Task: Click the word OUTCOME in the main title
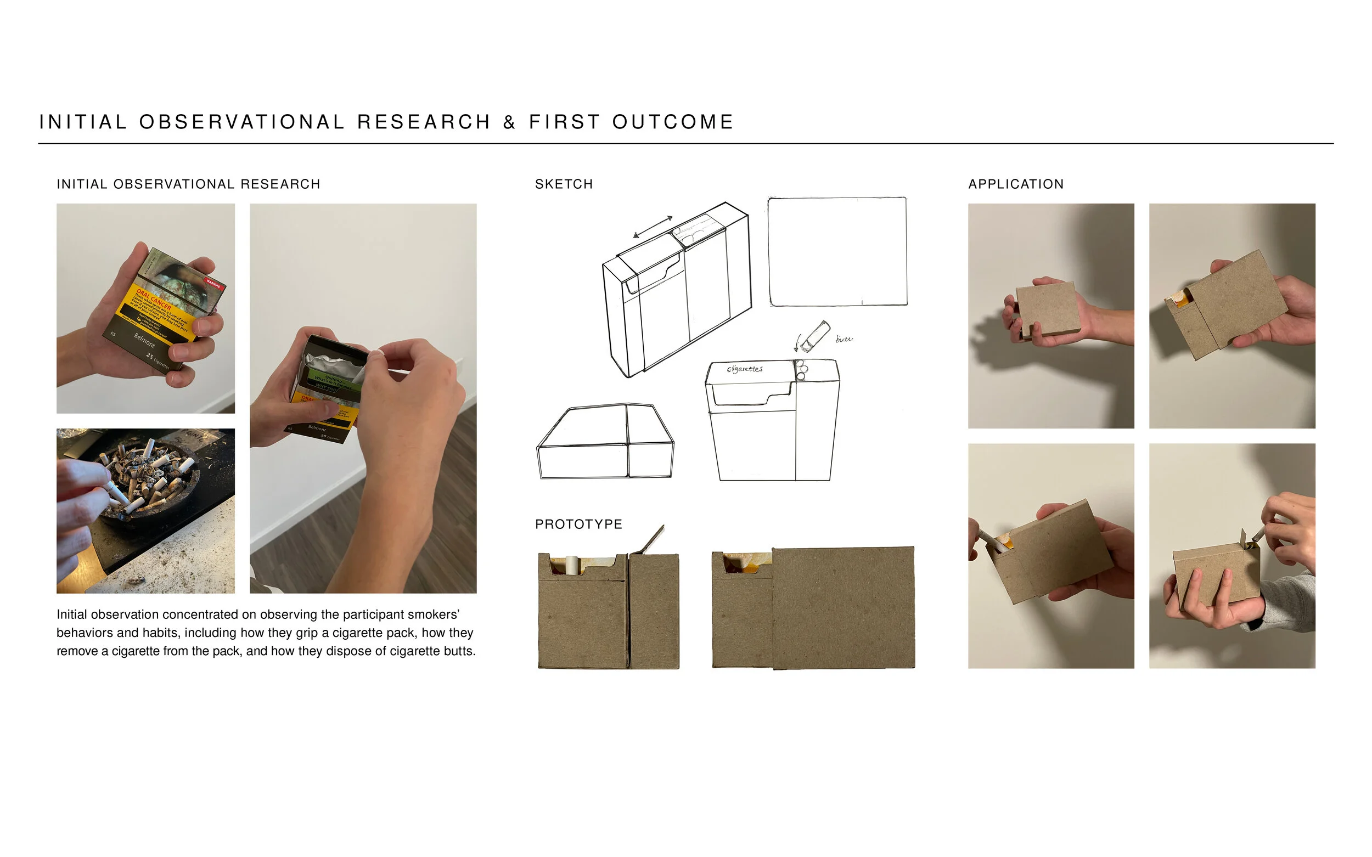coord(672,122)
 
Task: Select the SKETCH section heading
coord(564,184)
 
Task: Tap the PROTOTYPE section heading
coord(578,525)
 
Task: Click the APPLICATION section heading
coord(1015,184)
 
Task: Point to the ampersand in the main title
coord(509,122)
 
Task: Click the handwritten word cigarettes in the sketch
coord(745,369)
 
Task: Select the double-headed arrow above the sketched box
coord(653,227)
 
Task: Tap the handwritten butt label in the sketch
coord(844,339)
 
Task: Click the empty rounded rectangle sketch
coord(837,252)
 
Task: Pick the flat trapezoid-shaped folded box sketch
coord(604,442)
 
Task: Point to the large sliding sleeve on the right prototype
coord(843,607)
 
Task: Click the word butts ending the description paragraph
coord(459,651)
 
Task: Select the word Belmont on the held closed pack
coord(144,340)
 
